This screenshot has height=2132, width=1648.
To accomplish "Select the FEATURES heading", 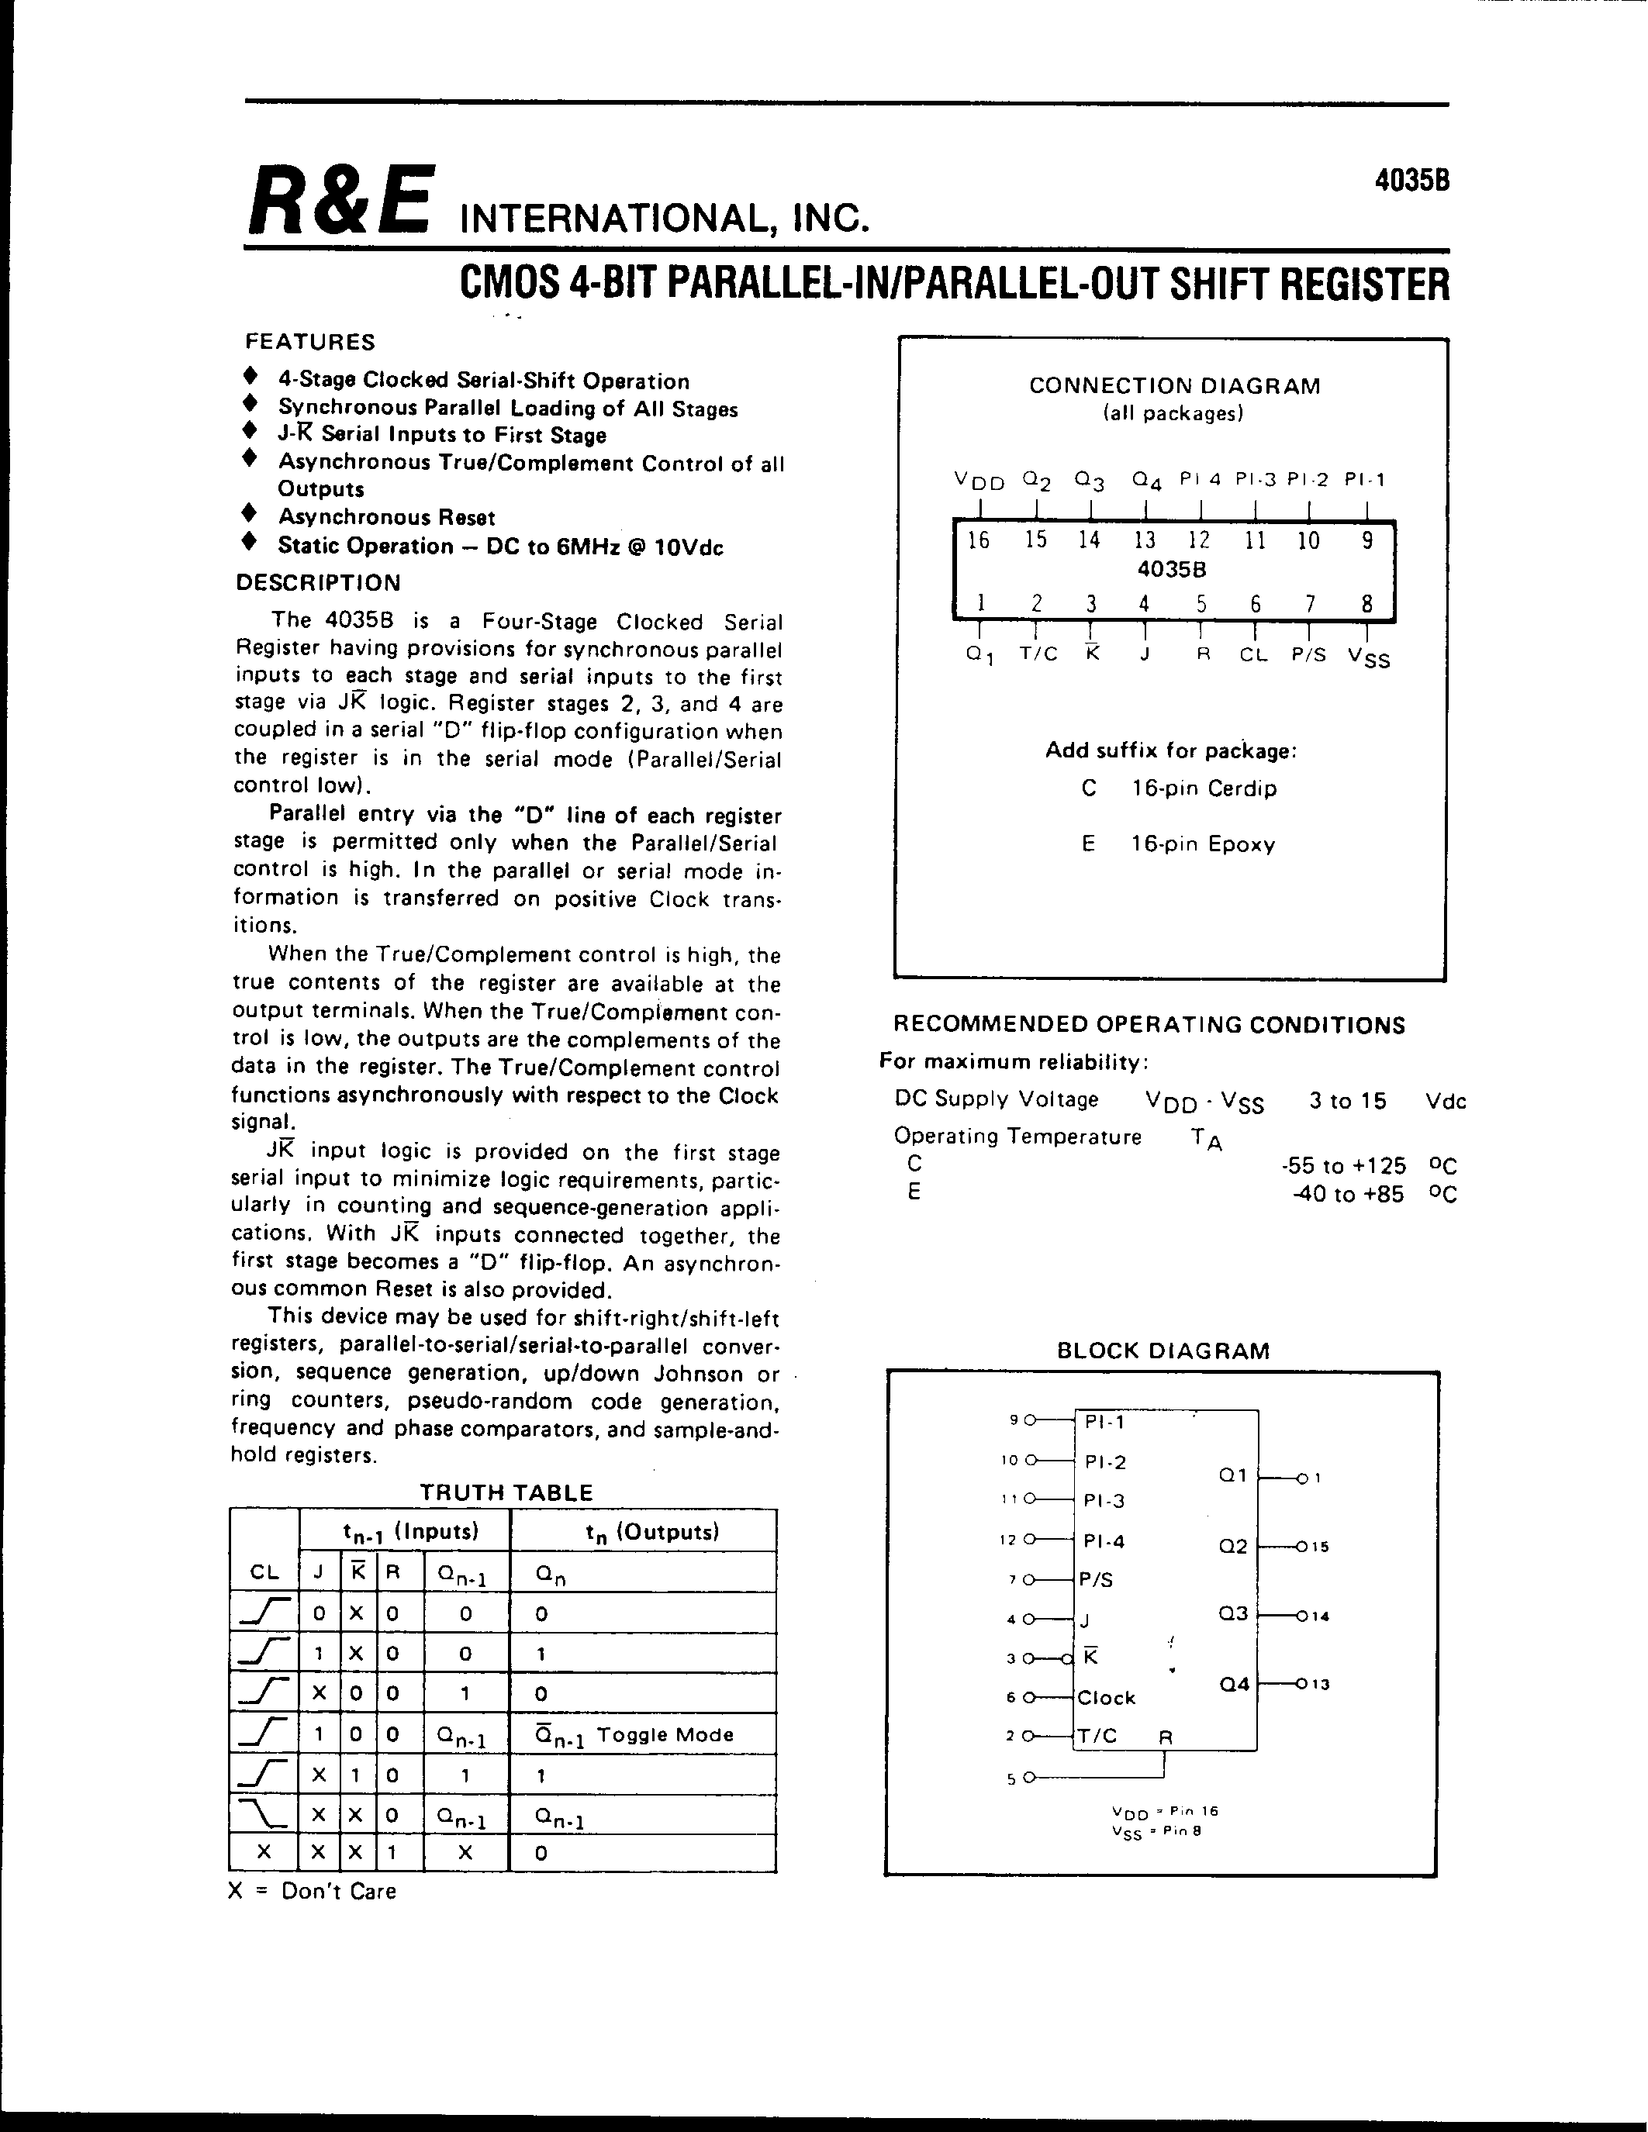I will click(x=309, y=342).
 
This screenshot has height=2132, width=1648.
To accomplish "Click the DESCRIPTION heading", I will click(x=318, y=583).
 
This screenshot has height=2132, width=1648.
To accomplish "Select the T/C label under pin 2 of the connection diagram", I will click(x=1038, y=655).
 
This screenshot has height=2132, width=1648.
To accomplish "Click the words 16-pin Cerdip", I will click(x=1204, y=788).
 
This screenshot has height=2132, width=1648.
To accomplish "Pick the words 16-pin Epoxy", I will click(x=1203, y=843).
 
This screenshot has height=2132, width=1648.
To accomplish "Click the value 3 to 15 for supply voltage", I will click(x=1347, y=1101).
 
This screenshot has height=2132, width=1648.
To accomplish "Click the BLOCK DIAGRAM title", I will click(x=1163, y=1351).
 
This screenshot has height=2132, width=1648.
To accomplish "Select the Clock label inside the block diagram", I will click(x=1106, y=1698).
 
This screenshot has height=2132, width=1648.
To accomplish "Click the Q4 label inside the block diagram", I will click(x=1234, y=1684).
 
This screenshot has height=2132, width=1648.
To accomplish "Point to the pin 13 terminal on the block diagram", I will click(x=1313, y=1684).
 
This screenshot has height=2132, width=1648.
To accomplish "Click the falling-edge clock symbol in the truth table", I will click(x=264, y=1815).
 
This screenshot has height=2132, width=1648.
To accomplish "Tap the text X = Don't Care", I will click(x=312, y=1891).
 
